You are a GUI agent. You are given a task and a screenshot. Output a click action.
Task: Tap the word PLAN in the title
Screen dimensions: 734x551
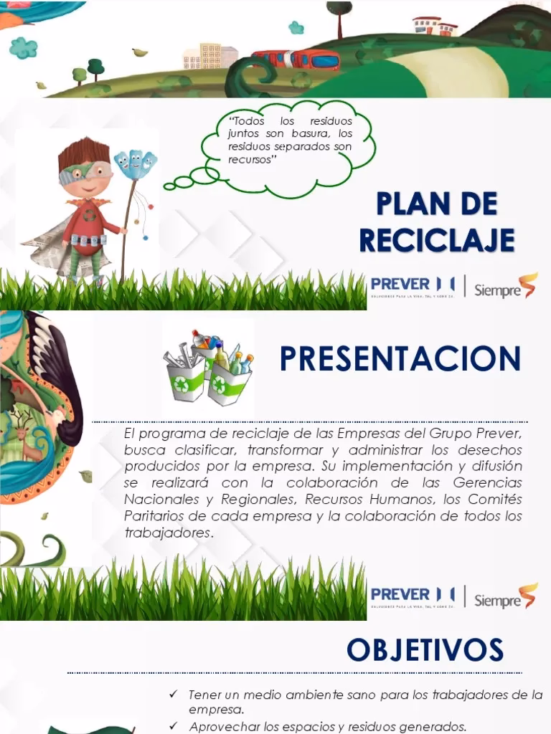(x=406, y=204)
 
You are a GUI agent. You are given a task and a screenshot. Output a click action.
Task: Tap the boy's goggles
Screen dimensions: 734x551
(x=85, y=172)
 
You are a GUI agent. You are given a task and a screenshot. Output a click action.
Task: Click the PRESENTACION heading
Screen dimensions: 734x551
(x=400, y=359)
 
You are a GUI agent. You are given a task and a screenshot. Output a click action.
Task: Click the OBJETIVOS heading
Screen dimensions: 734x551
(x=425, y=650)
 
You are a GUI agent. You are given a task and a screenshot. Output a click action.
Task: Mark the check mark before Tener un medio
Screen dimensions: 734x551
(x=173, y=695)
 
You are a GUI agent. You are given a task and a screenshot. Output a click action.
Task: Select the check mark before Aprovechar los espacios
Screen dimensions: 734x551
(x=173, y=725)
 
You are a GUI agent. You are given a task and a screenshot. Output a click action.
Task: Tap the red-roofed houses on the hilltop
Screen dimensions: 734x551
(x=435, y=26)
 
